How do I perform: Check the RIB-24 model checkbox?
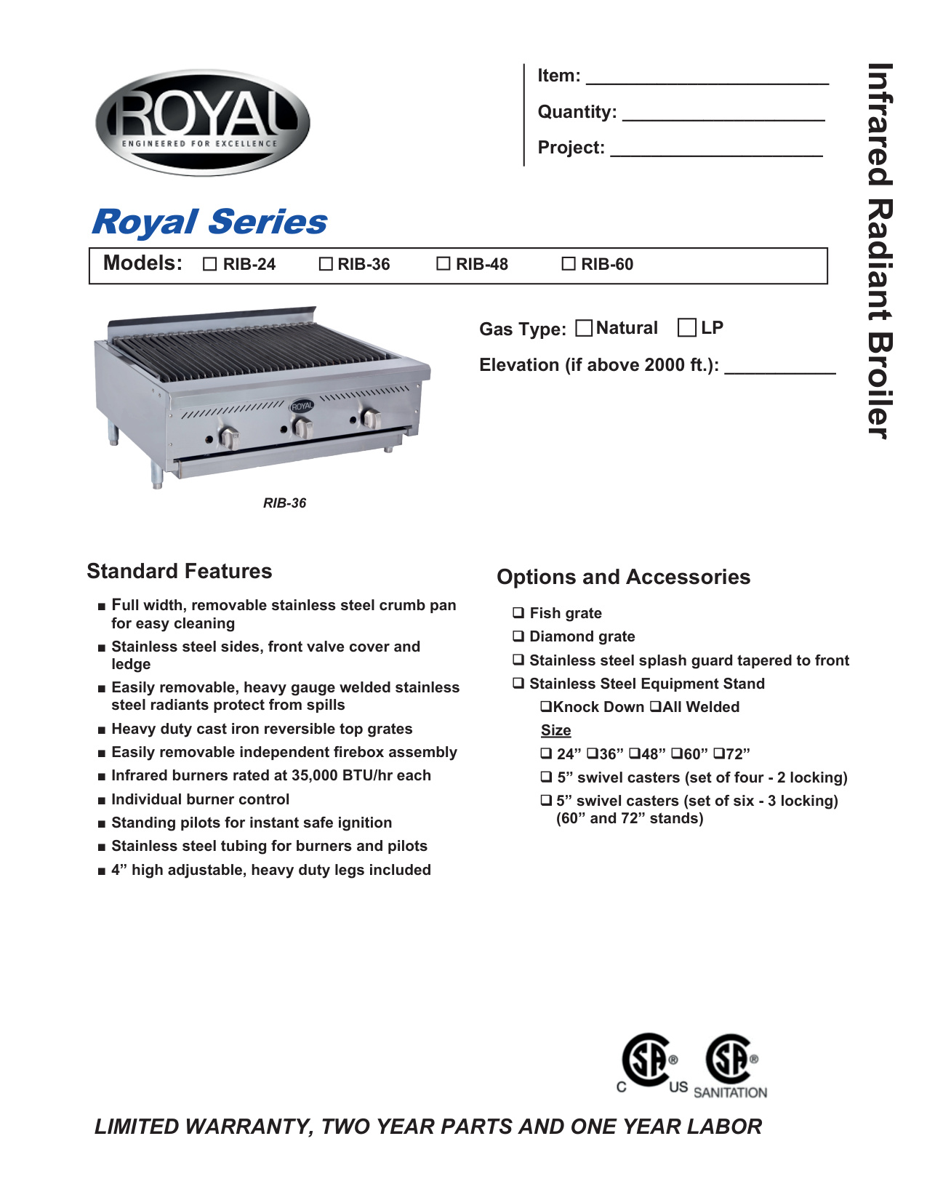210,265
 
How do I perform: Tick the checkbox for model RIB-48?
443,264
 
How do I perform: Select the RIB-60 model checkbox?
569,264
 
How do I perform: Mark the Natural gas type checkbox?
583,328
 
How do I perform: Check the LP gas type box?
686,328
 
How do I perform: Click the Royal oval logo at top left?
203,122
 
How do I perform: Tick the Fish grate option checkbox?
518,613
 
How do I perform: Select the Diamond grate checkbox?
518,636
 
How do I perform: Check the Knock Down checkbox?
545,707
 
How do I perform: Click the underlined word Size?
556,730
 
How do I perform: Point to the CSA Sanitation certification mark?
731,1066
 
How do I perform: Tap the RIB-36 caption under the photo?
284,503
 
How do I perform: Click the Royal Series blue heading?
209,222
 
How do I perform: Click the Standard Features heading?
180,572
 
